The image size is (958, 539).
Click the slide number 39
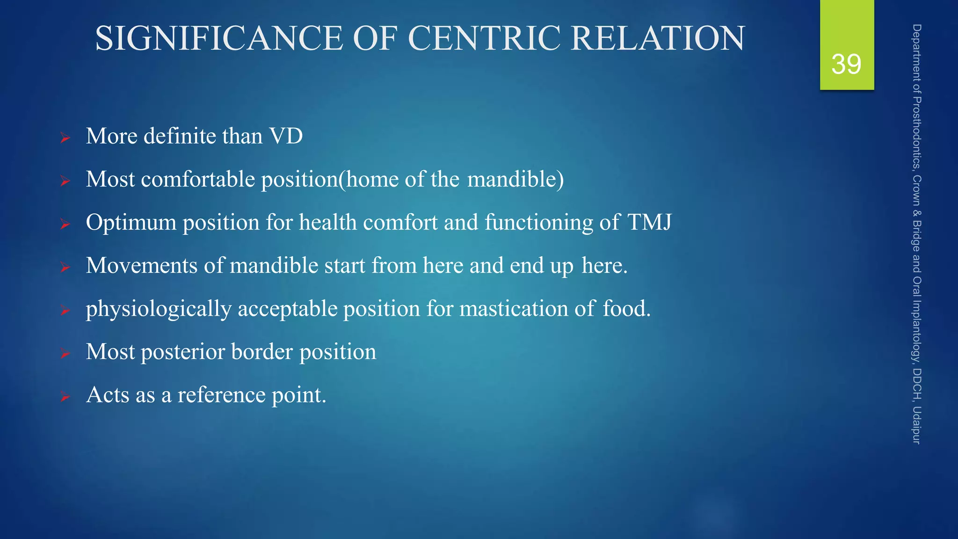[x=846, y=64]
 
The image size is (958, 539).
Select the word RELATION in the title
[x=658, y=38]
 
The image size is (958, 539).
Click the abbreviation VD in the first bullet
[x=286, y=136]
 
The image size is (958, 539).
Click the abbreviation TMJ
[x=649, y=222]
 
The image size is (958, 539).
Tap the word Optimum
[x=131, y=222]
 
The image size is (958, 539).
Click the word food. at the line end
[x=626, y=309]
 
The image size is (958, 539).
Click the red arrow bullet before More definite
[x=65, y=138]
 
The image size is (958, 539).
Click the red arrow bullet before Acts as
[x=65, y=397]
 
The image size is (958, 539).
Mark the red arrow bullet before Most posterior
[x=65, y=354]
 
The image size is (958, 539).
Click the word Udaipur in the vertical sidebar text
[x=917, y=425]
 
